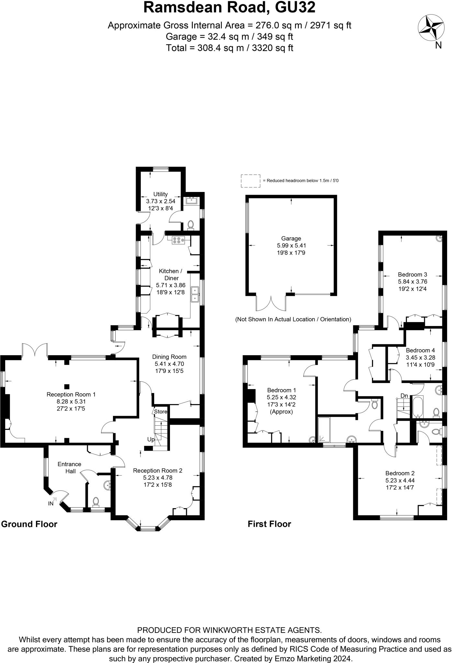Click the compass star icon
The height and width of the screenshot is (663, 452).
pyautogui.click(x=431, y=28)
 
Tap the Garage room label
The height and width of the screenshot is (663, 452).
pyautogui.click(x=291, y=239)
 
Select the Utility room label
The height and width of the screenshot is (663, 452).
pyautogui.click(x=160, y=194)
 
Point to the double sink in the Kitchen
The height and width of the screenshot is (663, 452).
pyautogui.click(x=195, y=294)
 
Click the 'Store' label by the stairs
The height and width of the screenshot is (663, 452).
pyautogui.click(x=161, y=412)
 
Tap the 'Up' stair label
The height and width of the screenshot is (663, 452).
pyautogui.click(x=151, y=440)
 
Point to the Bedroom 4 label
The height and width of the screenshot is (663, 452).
pyautogui.click(x=420, y=351)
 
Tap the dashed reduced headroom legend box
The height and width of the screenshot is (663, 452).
pyautogui.click(x=250, y=181)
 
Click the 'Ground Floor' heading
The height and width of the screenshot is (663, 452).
pyautogui.click(x=29, y=524)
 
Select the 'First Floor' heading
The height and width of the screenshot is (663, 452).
pyautogui.click(x=269, y=524)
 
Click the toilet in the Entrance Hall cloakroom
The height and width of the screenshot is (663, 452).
pyautogui.click(x=96, y=501)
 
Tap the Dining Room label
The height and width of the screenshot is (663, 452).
pyautogui.click(x=169, y=357)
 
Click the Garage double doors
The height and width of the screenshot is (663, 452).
pyautogui.click(x=271, y=303)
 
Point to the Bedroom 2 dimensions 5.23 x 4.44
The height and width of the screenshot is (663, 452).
pyautogui.click(x=400, y=481)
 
